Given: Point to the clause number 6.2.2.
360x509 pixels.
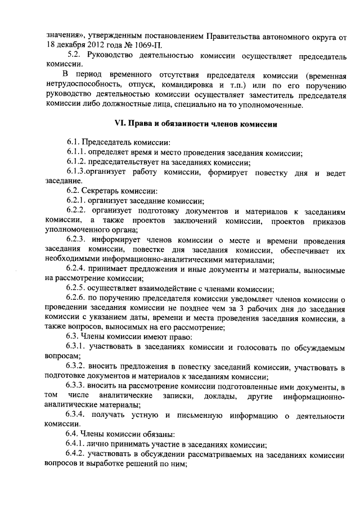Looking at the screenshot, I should [x=78, y=210].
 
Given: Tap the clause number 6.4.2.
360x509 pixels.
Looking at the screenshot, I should [x=78, y=454].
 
